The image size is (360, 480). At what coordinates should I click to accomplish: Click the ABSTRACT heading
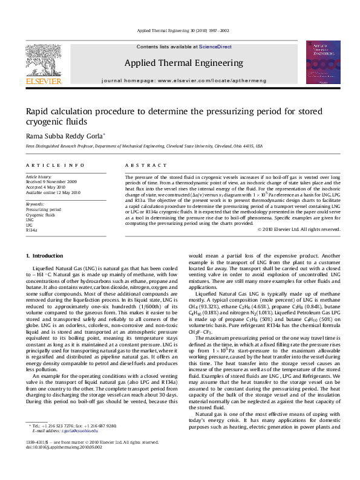point(142,165)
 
